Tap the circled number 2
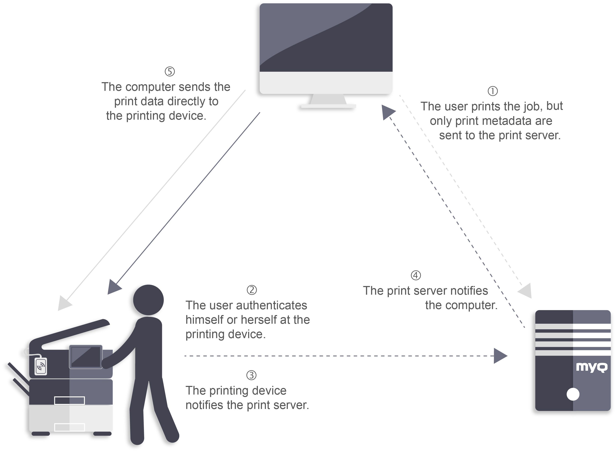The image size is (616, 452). pos(252,290)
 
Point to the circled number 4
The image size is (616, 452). pos(416,275)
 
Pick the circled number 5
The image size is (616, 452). pos(170,72)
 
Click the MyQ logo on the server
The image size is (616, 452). pos(591,367)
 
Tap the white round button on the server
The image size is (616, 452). pos(573,394)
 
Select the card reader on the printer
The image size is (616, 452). pos(41,366)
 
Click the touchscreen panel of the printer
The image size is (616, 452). pos(86,357)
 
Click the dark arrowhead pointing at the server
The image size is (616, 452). pos(500,356)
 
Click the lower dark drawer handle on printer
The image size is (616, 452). pos(69,400)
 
